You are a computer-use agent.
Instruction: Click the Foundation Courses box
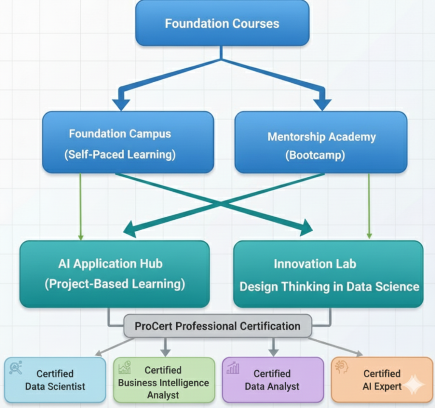tap(222, 23)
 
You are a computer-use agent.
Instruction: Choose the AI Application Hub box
tap(114, 274)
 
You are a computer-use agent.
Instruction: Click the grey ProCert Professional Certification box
tap(217, 326)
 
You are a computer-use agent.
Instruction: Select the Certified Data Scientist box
tap(55, 380)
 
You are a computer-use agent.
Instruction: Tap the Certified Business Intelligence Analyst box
tap(164, 380)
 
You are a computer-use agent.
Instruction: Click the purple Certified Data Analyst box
tap(272, 380)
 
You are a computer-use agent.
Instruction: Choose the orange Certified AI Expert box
tap(381, 380)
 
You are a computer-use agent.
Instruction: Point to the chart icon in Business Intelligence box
tap(125, 367)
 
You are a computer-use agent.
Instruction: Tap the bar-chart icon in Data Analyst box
tap(233, 368)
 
